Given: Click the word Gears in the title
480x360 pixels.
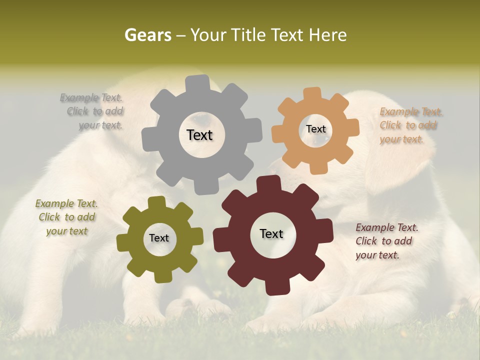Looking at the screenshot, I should [x=148, y=35].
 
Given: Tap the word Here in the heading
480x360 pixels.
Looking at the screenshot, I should [x=328, y=35].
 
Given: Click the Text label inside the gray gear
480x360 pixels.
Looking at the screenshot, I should [x=199, y=135].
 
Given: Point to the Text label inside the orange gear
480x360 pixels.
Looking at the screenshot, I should [x=315, y=129].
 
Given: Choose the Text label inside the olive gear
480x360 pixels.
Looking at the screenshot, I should [x=159, y=238].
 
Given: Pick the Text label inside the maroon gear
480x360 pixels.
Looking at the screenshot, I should [x=271, y=233].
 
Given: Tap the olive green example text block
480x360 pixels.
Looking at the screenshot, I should [x=66, y=217].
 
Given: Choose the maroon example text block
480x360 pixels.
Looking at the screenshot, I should [x=386, y=241].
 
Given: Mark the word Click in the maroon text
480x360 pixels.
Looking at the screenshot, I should [x=366, y=241].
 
